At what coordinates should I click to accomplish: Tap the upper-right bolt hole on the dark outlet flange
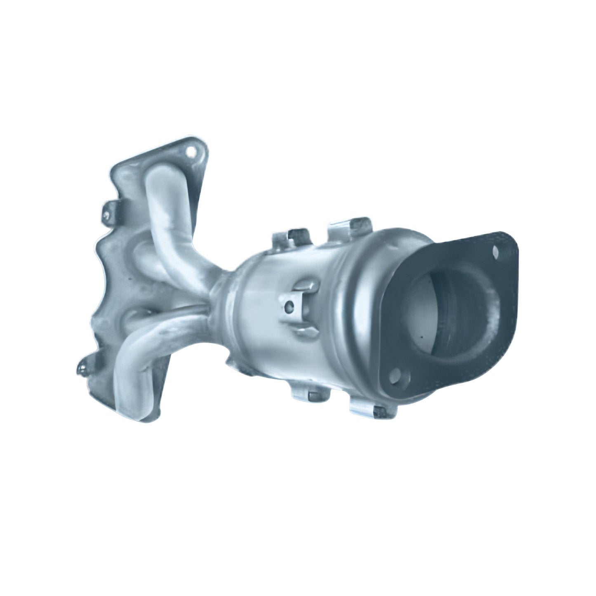[496, 250]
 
